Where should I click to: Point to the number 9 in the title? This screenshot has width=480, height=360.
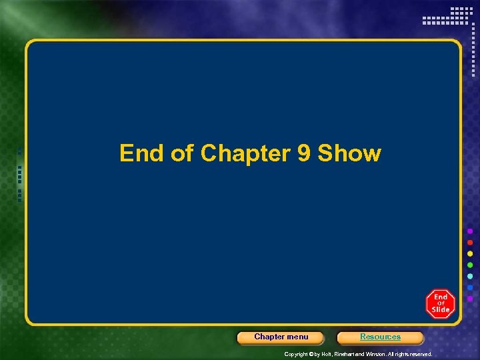tap(303, 153)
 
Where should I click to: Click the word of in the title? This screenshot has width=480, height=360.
tap(183, 153)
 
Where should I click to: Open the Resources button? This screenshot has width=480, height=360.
tap(380, 337)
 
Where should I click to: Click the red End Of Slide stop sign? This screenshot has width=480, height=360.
tap(440, 303)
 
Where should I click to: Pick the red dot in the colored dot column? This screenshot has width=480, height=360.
tap(470, 242)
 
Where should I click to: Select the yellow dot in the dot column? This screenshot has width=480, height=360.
tap(470, 253)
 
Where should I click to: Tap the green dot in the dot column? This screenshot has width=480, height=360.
tap(470, 265)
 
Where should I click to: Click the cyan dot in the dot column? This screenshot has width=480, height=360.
tap(470, 276)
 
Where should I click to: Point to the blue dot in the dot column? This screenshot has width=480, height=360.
tap(470, 287)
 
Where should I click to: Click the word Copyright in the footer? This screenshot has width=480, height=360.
tap(295, 354)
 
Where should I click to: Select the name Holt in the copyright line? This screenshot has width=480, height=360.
tap(327, 354)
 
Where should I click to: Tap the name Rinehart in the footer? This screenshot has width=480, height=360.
tap(349, 354)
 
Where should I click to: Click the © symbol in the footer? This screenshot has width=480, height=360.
tap(310, 354)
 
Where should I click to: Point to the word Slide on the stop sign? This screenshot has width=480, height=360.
tap(441, 310)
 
